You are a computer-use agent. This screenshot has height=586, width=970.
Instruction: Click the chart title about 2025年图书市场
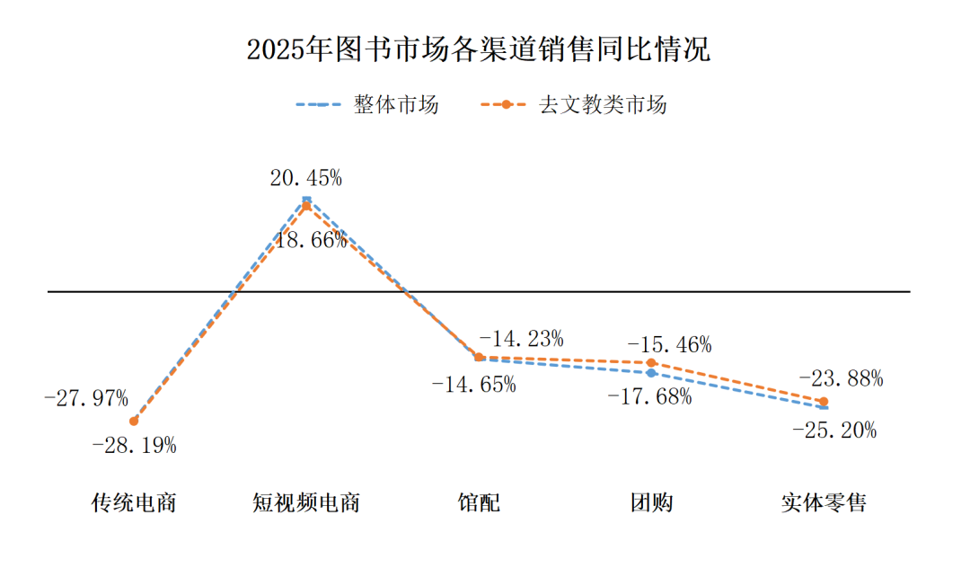pos(478,49)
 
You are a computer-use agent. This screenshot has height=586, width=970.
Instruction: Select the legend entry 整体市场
pos(395,105)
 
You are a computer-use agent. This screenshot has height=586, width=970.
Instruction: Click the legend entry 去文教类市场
pos(603,105)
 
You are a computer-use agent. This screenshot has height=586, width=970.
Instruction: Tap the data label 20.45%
pos(306,178)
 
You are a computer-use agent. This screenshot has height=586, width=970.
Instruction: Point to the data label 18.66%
pos(310,241)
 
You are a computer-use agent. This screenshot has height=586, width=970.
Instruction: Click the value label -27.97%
pos(86,397)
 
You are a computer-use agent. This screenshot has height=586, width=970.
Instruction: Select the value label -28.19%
pos(135,445)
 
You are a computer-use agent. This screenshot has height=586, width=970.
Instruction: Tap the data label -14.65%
pos(474,385)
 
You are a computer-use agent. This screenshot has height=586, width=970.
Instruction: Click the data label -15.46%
pos(669,344)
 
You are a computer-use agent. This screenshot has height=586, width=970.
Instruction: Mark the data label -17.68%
pos(649,396)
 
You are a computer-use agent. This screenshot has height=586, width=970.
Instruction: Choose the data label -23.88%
pos(841,378)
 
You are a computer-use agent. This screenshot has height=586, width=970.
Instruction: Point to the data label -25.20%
pos(834,431)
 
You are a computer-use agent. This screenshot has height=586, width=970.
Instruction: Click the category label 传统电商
pos(134,502)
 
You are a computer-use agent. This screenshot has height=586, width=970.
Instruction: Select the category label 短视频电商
pos(306,502)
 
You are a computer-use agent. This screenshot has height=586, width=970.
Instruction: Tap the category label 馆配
pos(479,502)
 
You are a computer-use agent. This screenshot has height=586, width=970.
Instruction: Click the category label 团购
pos(651,502)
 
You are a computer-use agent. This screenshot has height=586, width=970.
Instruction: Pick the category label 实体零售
pos(824,502)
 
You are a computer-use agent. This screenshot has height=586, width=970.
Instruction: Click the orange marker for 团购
pos(652,363)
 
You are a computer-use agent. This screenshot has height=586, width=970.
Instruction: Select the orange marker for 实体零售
pos(824,401)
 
